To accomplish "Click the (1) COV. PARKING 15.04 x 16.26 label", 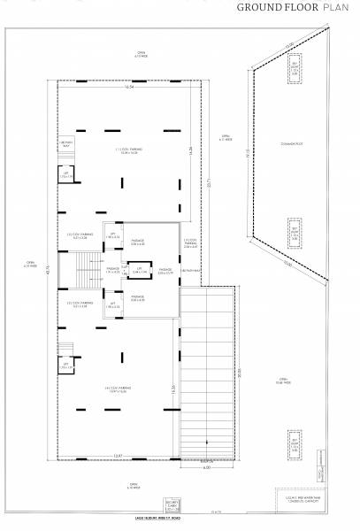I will [127, 152].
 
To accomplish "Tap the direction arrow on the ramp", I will [205, 442].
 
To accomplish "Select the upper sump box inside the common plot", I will [295, 71].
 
